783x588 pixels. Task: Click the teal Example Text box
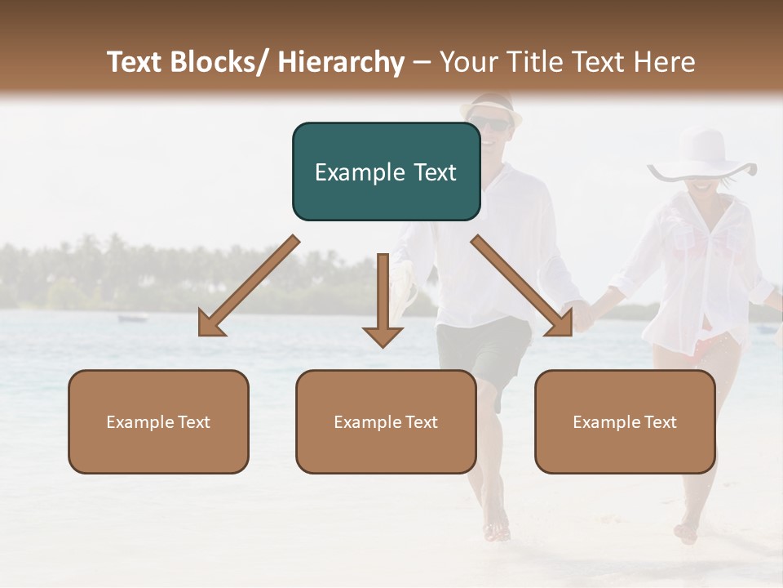[386, 171]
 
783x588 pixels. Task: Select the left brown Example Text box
[158, 421]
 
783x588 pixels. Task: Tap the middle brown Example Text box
[386, 421]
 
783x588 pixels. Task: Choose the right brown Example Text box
[625, 421]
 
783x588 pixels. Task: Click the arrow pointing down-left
[249, 287]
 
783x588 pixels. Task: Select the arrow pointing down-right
[522, 286]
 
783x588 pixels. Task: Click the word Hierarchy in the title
[341, 62]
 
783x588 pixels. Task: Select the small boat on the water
[133, 318]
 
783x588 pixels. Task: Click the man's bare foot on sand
[496, 531]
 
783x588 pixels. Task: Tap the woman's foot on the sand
[687, 532]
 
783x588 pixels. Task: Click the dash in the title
[422, 62]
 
